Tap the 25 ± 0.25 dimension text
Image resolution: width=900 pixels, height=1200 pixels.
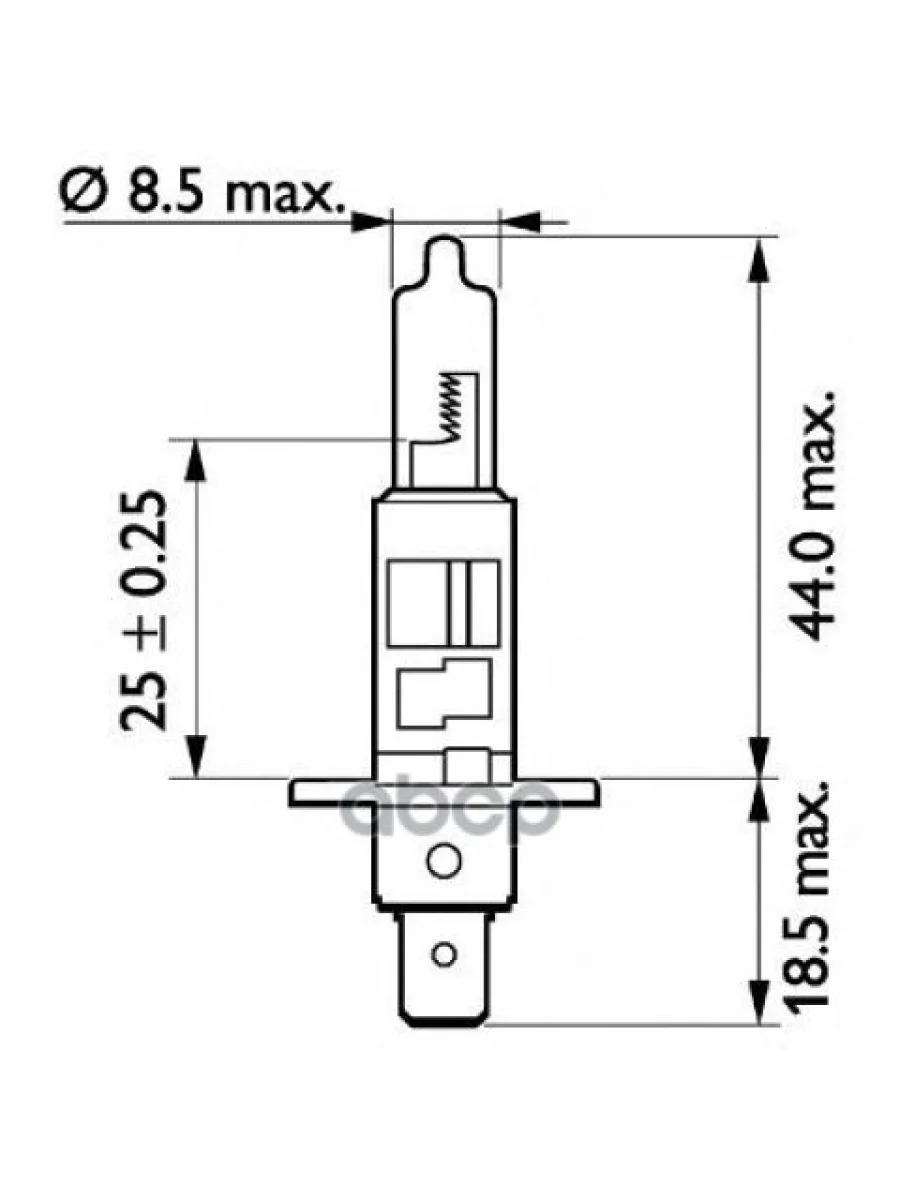tap(141, 610)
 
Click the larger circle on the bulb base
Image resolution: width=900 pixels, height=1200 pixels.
tap(443, 858)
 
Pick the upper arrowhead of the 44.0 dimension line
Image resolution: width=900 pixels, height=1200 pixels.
tap(761, 256)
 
